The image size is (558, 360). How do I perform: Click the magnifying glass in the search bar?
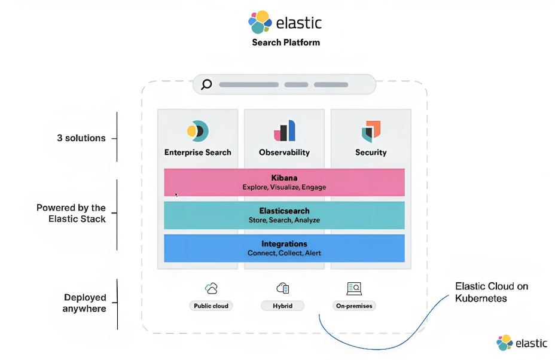pos(206,85)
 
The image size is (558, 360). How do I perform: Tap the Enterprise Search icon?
pos(197,131)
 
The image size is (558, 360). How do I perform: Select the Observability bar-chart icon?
pos(284,130)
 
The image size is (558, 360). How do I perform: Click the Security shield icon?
pos(371,132)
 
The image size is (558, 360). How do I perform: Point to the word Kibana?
pos(284,178)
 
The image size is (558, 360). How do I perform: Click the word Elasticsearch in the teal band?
pos(284,211)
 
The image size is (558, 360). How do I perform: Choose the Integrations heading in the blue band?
pos(284,243)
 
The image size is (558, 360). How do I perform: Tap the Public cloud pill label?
pos(211,306)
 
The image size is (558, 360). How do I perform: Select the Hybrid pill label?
pos(282,306)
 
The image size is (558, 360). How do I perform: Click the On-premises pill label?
pos(354,306)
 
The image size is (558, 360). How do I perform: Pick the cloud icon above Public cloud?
pos(211,288)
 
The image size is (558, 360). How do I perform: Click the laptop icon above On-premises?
pos(354,288)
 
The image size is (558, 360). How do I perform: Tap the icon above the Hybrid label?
pos(283,288)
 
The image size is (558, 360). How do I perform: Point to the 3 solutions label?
pos(81,138)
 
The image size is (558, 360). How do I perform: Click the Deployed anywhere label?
pos(84,303)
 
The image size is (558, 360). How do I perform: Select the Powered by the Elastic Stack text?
pos(71,213)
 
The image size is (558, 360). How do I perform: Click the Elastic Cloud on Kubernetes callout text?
pos(492,292)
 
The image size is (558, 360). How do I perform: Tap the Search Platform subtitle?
pos(286,42)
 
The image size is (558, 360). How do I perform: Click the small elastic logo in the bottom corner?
pos(522,343)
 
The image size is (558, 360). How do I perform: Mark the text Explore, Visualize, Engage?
pos(284,187)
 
